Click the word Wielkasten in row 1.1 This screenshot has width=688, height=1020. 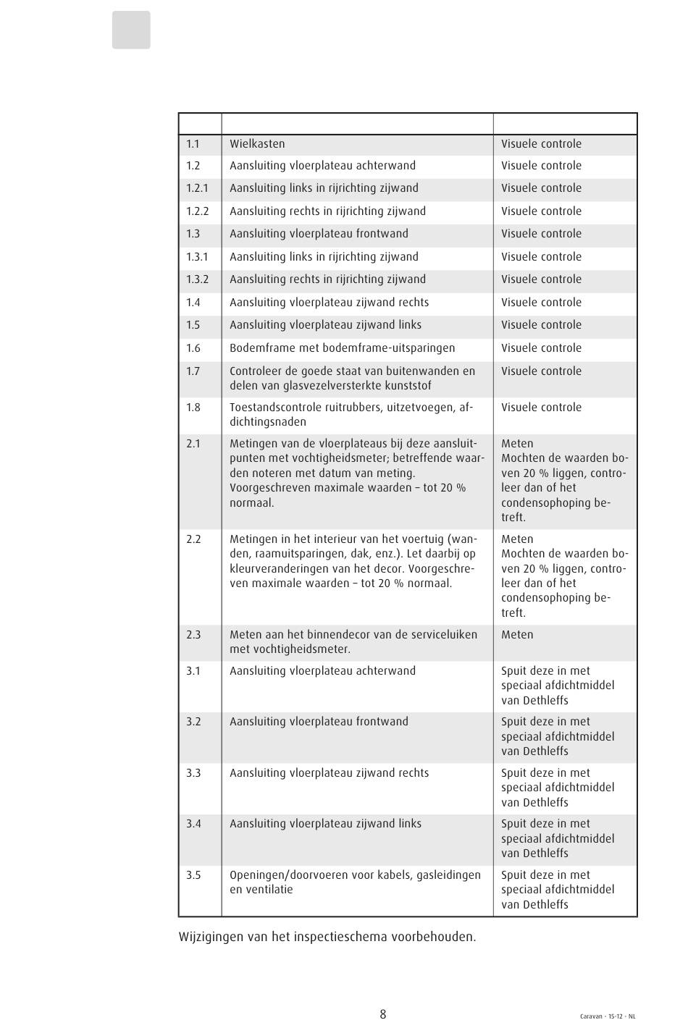coord(257,143)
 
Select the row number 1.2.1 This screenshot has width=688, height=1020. coord(197,188)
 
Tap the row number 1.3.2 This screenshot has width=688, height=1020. coord(197,279)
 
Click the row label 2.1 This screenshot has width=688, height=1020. coord(193,444)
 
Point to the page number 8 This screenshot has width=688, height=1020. coord(383,1014)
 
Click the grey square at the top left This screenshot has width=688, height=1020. coord(131,30)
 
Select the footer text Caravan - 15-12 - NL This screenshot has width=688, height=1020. coord(608,1016)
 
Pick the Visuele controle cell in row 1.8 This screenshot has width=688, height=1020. coord(541,408)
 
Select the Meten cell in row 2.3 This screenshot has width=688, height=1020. coord(517,635)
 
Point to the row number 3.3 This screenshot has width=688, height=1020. coord(193,773)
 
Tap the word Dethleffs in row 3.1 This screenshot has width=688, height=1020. coord(544,701)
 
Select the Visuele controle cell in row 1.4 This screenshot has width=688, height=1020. coord(541,303)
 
